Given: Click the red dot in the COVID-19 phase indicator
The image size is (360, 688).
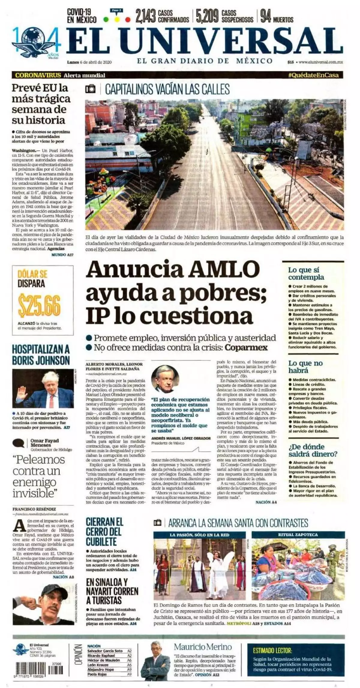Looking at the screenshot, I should click(128, 20).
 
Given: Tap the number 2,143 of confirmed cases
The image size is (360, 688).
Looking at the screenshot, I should click(145, 16).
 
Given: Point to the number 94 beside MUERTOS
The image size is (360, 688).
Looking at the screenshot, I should click(265, 16).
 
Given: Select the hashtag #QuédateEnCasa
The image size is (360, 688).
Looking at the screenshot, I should click(313, 75).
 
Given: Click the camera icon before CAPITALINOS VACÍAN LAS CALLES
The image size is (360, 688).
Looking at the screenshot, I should click(90, 89).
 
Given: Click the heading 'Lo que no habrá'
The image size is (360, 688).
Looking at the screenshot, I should click(305, 367).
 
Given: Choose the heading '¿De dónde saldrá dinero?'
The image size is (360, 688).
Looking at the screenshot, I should click(313, 450).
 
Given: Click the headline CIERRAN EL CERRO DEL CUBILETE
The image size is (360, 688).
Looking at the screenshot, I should click(104, 532).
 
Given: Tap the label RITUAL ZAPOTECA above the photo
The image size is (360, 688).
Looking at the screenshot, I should click(298, 535).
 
